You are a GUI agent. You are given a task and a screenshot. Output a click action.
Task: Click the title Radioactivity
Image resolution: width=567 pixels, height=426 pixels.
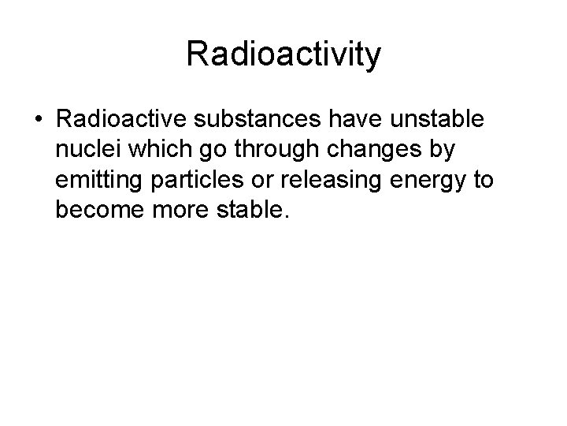pyautogui.click(x=283, y=54)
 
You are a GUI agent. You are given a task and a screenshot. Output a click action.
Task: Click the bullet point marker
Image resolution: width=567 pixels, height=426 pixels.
pyautogui.click(x=38, y=121)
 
